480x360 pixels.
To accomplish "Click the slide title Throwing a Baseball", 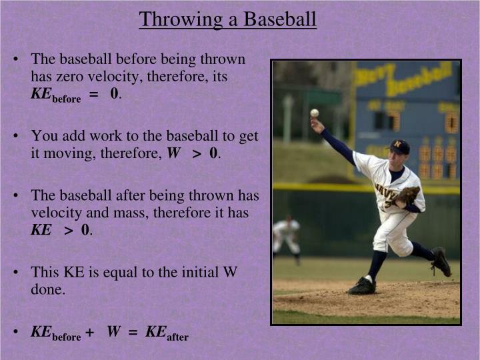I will (227, 19).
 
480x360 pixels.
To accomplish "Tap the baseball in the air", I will (314, 113).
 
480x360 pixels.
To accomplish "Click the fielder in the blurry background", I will (287, 236).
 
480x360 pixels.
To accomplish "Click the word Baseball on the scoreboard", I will (420, 80).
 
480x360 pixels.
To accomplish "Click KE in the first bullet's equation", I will (41, 93).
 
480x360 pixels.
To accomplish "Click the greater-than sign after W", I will (197, 154).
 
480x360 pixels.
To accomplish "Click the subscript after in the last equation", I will (178, 337).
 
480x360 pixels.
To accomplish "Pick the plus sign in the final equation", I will (89, 332).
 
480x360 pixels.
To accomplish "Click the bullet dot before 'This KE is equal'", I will (15, 272).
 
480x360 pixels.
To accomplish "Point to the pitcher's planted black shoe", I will (362, 286).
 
